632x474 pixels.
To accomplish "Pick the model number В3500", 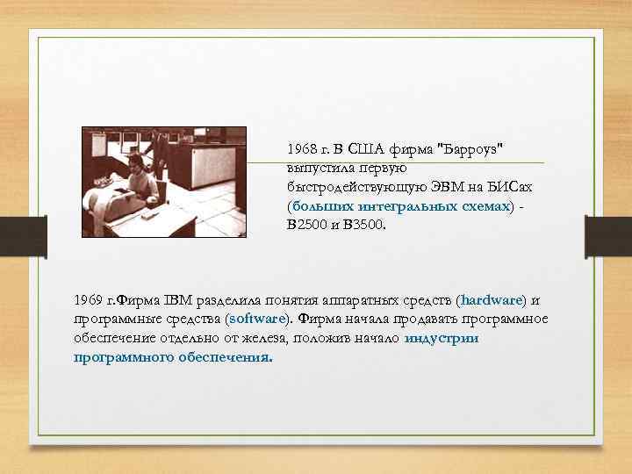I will tap(363, 224).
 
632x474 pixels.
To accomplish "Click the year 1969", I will tap(89, 300).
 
